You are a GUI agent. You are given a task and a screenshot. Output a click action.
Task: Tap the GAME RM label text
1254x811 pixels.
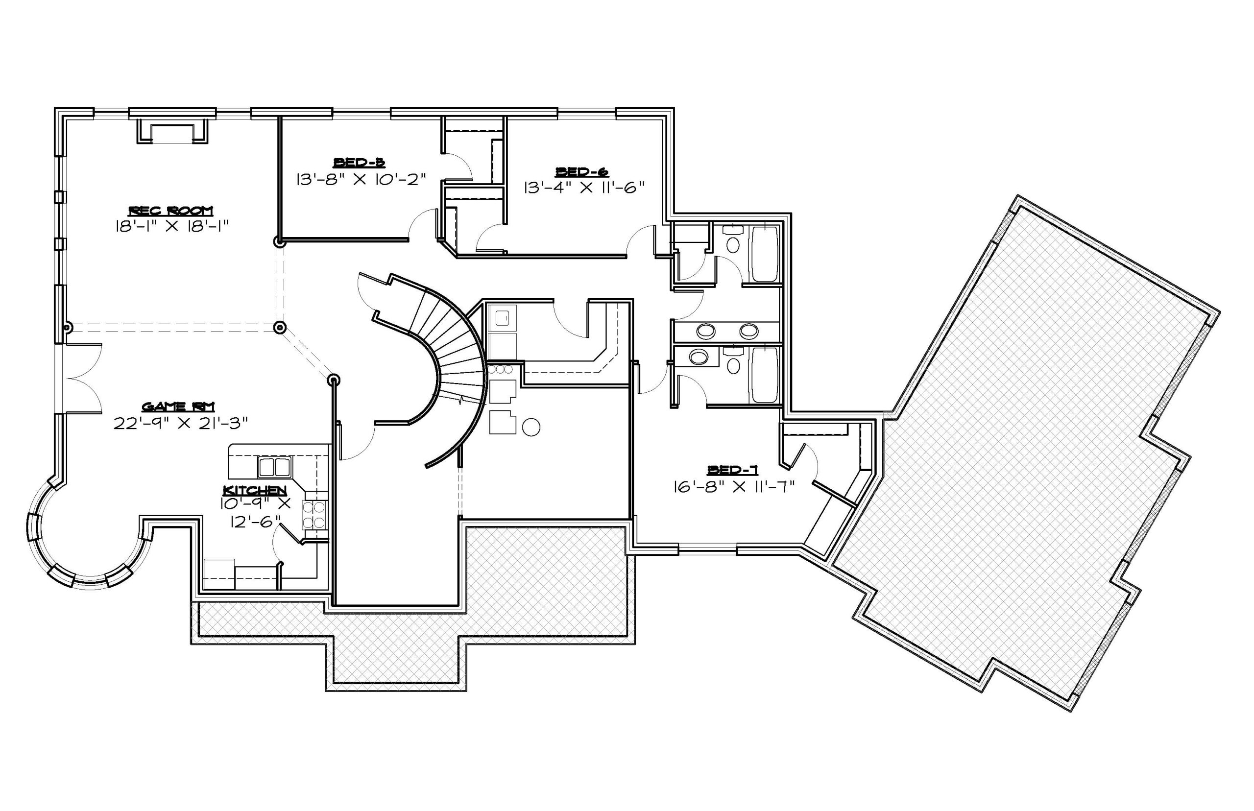coord(178,406)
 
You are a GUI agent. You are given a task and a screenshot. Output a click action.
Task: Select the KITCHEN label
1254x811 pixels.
coord(255,490)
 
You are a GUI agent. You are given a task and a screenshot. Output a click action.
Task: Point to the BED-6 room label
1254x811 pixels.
coord(582,172)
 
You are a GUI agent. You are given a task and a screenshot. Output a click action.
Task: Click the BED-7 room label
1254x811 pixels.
coord(733,470)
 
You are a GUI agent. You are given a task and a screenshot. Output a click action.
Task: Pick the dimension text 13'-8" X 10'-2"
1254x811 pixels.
coord(360,180)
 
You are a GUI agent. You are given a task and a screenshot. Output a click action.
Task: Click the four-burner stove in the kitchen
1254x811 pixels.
coord(314,515)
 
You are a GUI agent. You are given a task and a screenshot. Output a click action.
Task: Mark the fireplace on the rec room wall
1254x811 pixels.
coord(173,131)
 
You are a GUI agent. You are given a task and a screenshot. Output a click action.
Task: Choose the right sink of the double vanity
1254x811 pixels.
coord(748,331)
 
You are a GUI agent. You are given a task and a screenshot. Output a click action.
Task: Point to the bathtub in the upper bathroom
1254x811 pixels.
coord(764,254)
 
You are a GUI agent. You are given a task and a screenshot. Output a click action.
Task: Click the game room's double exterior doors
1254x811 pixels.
coord(82,378)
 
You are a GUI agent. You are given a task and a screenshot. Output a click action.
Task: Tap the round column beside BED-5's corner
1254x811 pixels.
coord(279,242)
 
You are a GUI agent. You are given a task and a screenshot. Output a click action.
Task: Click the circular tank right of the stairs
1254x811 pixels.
coord(531,427)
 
